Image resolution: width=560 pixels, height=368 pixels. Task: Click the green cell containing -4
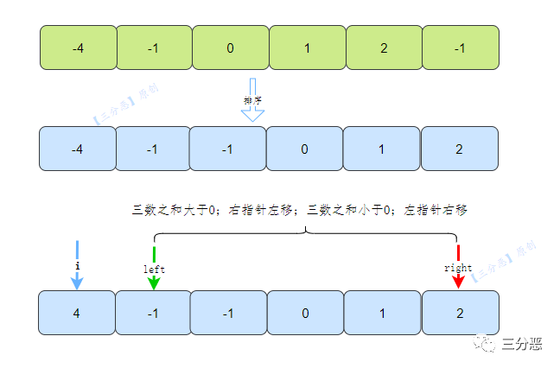pyautogui.click(x=78, y=48)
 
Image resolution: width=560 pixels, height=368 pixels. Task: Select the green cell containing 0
pyautogui.click(x=230, y=48)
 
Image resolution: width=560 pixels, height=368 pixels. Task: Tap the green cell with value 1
pyautogui.click(x=307, y=48)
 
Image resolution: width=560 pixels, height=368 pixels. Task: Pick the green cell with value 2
pyautogui.click(x=383, y=48)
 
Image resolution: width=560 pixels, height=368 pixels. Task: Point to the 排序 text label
pyautogui.click(x=251, y=100)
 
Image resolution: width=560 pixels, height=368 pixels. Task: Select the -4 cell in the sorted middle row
pyautogui.click(x=78, y=149)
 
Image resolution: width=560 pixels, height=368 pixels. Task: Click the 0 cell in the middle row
pyautogui.click(x=305, y=149)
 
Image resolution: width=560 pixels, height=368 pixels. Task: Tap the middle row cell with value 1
pyautogui.click(x=381, y=149)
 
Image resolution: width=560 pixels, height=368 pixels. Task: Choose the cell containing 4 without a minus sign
pyautogui.click(x=78, y=313)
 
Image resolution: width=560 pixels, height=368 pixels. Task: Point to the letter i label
pyautogui.click(x=77, y=266)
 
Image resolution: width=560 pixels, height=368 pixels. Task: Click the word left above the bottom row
pyautogui.click(x=154, y=269)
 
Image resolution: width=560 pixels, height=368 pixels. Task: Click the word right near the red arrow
pyautogui.click(x=458, y=268)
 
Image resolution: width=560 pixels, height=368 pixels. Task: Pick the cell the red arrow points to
pyautogui.click(x=460, y=313)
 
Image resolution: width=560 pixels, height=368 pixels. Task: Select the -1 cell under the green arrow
pyautogui.click(x=153, y=313)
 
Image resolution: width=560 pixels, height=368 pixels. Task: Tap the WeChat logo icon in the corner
pyautogui.click(x=490, y=343)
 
